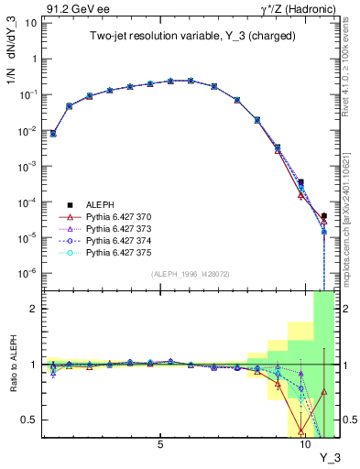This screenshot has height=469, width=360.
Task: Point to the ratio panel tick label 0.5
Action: point(30,420)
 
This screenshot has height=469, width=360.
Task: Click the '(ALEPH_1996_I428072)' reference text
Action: point(190,273)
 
